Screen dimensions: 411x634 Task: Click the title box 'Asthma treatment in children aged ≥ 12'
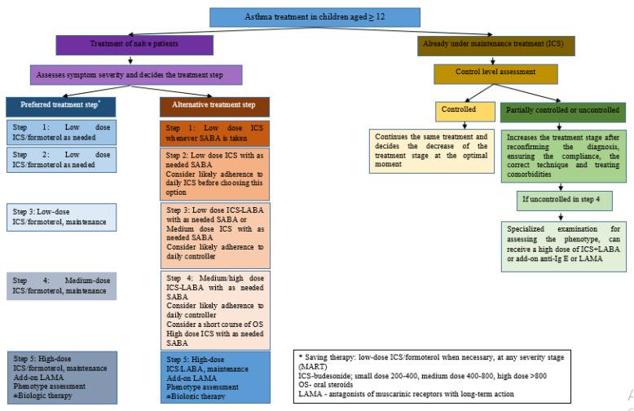(315, 17)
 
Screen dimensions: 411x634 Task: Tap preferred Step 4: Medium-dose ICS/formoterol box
(62, 285)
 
